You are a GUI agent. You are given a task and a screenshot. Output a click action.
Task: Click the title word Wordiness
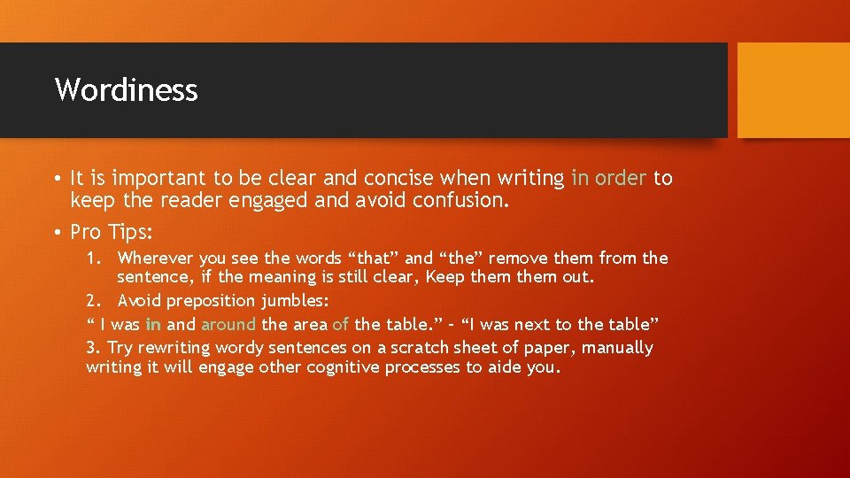pos(126,89)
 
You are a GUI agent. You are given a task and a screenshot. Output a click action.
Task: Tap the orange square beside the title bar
pos(792,90)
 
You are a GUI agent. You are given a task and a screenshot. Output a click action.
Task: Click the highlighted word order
pos(621,179)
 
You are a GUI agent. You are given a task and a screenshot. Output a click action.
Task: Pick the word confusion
pos(461,201)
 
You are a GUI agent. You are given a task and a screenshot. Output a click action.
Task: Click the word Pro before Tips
pos(87,232)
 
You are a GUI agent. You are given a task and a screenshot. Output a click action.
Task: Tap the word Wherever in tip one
pos(156,258)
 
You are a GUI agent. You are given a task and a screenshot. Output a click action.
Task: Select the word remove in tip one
pos(517,258)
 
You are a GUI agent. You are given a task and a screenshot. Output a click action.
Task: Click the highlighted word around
pos(228,324)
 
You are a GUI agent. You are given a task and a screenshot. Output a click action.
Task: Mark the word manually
pos(617,348)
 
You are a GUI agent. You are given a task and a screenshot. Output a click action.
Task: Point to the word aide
pos(503,367)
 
